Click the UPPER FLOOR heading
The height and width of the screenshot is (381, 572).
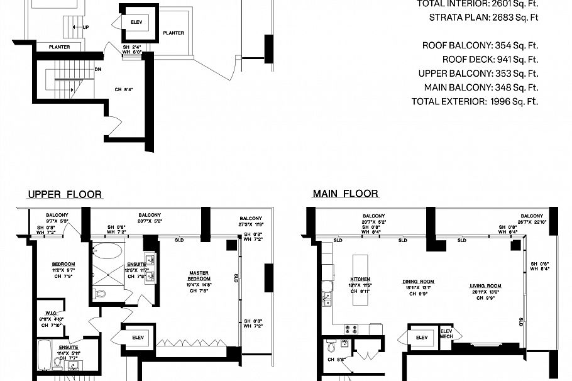point(65,194)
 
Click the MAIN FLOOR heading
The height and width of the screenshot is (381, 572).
point(345,194)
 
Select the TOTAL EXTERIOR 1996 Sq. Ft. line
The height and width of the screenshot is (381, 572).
point(475,101)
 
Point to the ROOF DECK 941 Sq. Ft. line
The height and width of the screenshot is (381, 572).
point(490,60)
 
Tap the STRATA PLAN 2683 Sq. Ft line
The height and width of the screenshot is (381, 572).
point(483,17)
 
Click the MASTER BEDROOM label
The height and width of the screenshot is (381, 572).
point(199,275)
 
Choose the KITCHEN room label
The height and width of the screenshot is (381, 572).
point(360,279)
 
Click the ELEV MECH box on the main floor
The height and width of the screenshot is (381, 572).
point(446,334)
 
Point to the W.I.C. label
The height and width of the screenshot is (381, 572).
point(52,312)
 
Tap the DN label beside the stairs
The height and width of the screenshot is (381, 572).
point(99,70)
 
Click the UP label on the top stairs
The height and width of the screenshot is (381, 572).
point(85,28)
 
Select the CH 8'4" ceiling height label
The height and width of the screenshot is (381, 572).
point(123,89)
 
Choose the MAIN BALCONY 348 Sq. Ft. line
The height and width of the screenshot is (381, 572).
point(481,87)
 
